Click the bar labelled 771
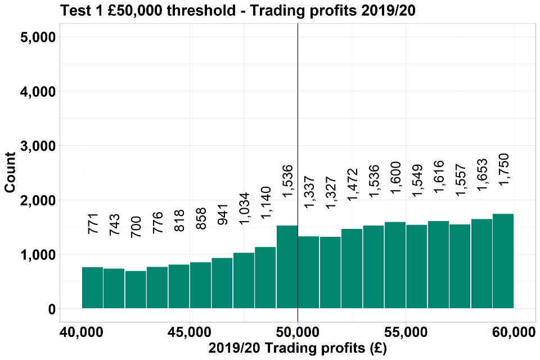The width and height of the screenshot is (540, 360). click(93, 287)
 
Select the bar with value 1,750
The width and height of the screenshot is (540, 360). click(503, 261)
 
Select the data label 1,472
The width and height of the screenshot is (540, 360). click(352, 184)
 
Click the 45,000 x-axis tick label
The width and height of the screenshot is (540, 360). click(190, 332)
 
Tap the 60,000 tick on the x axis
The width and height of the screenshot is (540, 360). click(512, 332)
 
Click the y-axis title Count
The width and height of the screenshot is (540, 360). click(10, 173)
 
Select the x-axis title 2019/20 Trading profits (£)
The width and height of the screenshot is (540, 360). click(298, 349)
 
